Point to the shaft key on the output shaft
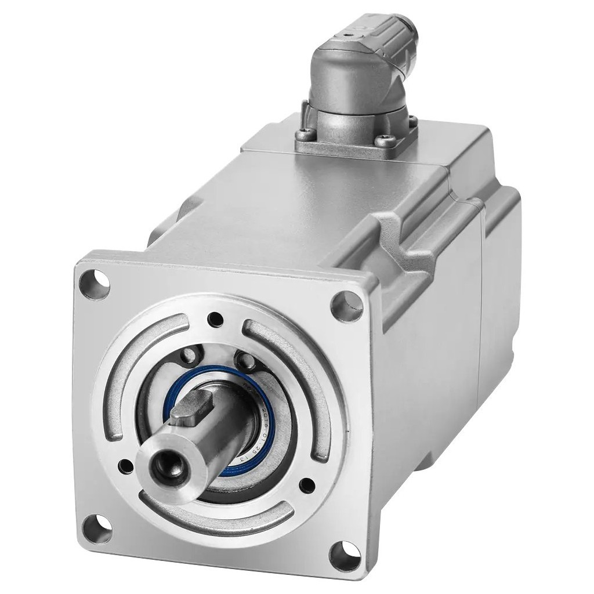[x=191, y=405]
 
